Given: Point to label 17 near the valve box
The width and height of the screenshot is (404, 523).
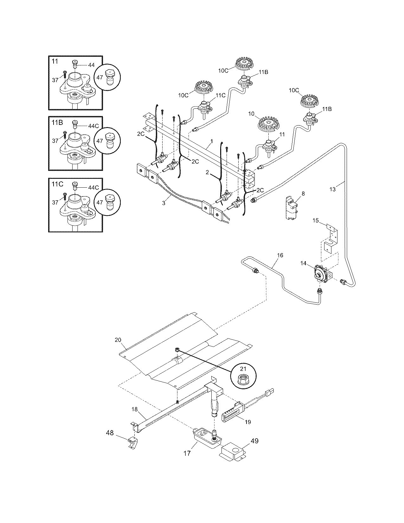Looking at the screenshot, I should tap(187, 453).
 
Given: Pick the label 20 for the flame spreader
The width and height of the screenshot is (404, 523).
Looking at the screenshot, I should tap(118, 340).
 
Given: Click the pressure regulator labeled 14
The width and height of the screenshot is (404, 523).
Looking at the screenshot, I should tap(320, 273).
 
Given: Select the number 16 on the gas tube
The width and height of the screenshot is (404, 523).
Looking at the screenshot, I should tap(280, 255).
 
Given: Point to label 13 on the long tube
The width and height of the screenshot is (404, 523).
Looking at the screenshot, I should tap(332, 189).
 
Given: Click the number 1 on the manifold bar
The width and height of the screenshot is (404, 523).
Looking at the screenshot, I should tap(211, 141).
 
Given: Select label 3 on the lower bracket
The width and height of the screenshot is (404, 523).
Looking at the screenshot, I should tap(164, 203).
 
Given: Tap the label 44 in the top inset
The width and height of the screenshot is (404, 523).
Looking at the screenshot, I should tap(91, 65).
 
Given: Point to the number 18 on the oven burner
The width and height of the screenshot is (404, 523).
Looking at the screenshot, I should tap(134, 409).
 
